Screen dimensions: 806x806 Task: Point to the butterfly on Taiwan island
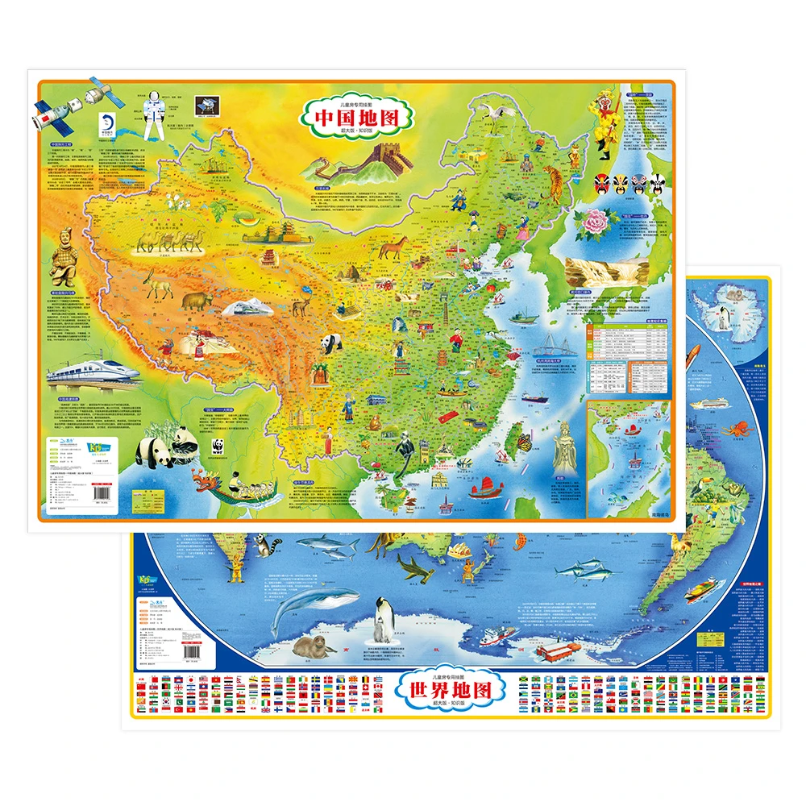pos(524,442)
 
